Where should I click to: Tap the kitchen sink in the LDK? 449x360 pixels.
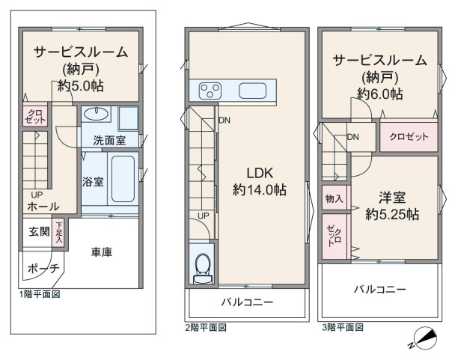pyautogui.click(x=253, y=91)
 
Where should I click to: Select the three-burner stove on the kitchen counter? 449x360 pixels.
pyautogui.click(x=210, y=91)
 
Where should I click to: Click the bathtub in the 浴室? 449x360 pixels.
pyautogui.click(x=123, y=179)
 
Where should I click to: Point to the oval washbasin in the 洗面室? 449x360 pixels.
pyautogui.click(x=96, y=114)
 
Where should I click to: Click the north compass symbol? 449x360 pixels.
pyautogui.click(x=423, y=338)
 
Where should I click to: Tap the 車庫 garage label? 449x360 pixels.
pyautogui.click(x=102, y=252)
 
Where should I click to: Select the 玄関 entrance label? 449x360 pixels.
pyautogui.click(x=39, y=231)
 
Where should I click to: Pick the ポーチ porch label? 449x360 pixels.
pyautogui.click(x=43, y=269)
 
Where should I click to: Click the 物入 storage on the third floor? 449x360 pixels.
pyautogui.click(x=335, y=198)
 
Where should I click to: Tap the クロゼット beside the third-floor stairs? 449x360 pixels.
pyautogui.click(x=409, y=137)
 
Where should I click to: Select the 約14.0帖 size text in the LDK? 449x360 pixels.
pyautogui.click(x=260, y=189)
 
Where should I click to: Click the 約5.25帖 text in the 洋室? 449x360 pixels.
pyautogui.click(x=391, y=214)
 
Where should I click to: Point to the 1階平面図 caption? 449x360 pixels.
pyautogui.click(x=40, y=294)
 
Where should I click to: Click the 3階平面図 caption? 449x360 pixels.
pyautogui.click(x=343, y=327)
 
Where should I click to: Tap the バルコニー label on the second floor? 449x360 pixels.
pyautogui.click(x=248, y=302)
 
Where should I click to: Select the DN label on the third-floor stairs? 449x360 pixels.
pyautogui.click(x=353, y=137)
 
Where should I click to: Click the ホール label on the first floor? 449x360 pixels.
pyautogui.click(x=43, y=207)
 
